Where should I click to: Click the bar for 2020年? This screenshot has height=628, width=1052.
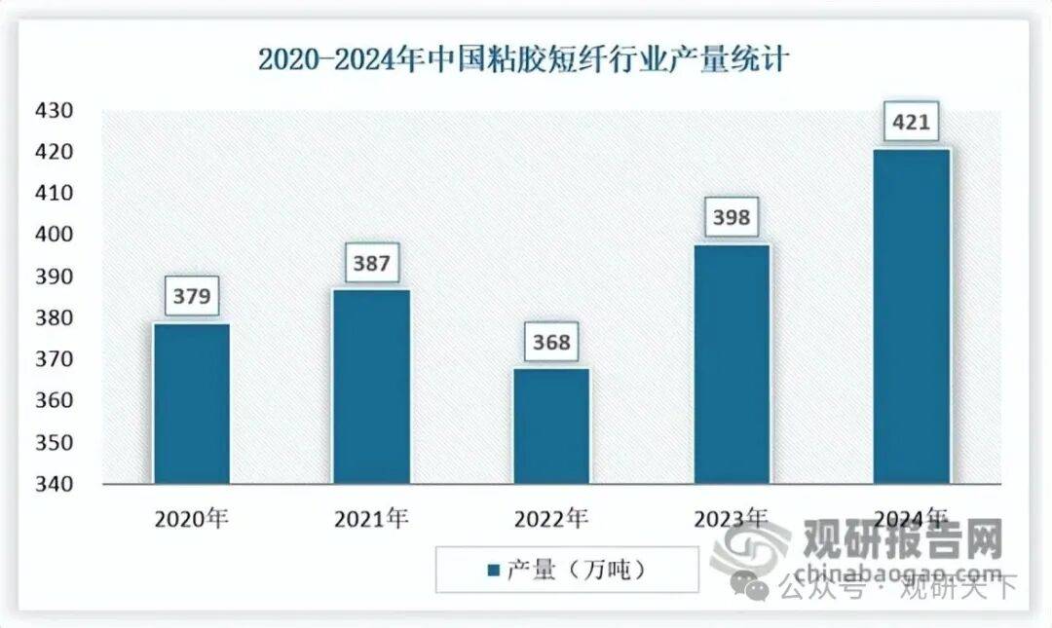click(191, 403)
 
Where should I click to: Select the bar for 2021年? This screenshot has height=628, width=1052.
click(371, 386)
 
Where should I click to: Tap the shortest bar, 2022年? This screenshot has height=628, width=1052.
click(551, 425)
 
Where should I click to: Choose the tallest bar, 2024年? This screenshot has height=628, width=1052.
click(911, 315)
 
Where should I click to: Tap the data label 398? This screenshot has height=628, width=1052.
click(731, 216)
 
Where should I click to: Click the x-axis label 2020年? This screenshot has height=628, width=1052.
click(191, 519)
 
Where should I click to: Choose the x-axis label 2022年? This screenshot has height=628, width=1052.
click(551, 519)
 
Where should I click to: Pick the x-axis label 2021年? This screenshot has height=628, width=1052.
click(371, 519)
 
